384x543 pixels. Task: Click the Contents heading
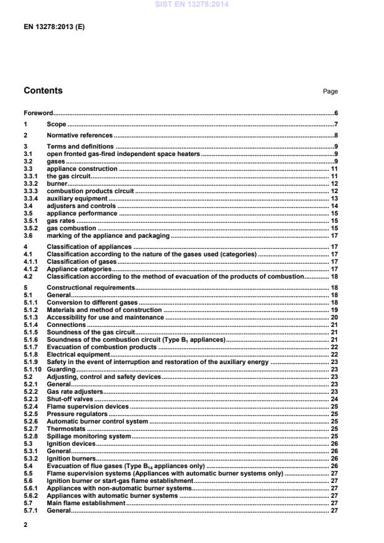point(43,91)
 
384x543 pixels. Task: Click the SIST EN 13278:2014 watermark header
point(192,5)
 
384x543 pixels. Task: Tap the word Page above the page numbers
point(330,92)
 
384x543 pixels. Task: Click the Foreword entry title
point(38,113)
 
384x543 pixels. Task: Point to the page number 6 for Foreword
point(335,113)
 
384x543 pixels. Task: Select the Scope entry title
point(56,124)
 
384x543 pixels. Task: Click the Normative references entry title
point(79,136)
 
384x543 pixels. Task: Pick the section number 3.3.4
point(31,199)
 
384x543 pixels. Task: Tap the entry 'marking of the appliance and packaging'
point(108,236)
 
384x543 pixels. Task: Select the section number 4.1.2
point(31,269)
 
